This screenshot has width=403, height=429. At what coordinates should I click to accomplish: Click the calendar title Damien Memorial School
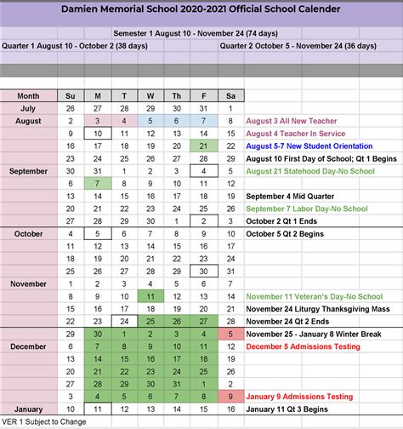201,9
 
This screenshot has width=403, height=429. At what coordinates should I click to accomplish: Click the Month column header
28,96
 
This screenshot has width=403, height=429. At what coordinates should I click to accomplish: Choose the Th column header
177,96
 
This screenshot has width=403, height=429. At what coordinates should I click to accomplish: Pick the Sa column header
230,96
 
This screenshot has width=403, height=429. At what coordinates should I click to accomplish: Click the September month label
28,171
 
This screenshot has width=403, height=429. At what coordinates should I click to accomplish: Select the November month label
28,283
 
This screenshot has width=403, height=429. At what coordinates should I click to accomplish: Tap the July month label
28,109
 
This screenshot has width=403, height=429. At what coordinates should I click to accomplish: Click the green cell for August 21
203,146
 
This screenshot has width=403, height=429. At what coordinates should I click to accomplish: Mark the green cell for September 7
97,184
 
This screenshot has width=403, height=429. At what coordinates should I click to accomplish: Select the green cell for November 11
150,296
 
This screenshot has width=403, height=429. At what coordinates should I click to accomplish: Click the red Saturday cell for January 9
230,396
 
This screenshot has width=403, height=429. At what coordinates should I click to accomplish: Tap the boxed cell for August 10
97,134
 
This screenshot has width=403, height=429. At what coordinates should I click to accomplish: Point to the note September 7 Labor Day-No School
307,209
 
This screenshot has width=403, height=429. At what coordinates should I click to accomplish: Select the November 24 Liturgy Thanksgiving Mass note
315,309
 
